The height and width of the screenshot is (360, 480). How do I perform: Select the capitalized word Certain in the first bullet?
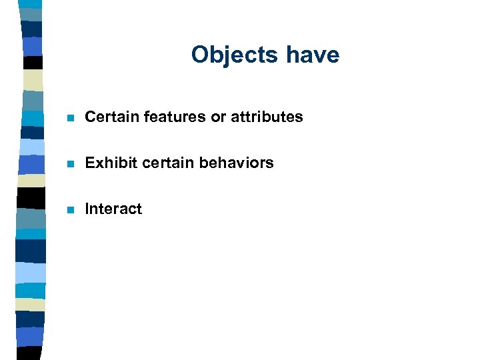click(109, 117)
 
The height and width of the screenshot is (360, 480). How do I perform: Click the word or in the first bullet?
click(218, 117)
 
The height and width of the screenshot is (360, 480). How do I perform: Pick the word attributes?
click(267, 117)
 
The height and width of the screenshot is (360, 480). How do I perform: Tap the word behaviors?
click(233, 163)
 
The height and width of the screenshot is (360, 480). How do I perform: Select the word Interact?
click(113, 209)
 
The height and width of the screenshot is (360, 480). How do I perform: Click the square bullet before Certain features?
click(69, 118)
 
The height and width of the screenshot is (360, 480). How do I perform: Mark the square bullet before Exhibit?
click(69, 163)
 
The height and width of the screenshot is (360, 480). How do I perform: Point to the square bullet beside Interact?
click(69, 209)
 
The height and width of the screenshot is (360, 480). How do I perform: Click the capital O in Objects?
click(199, 55)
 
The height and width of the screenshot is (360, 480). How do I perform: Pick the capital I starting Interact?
click(87, 209)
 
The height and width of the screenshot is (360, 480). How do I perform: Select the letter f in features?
click(147, 117)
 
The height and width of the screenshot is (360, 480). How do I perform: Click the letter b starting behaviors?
click(197, 163)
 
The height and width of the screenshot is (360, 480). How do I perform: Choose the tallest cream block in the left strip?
click(31, 80)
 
